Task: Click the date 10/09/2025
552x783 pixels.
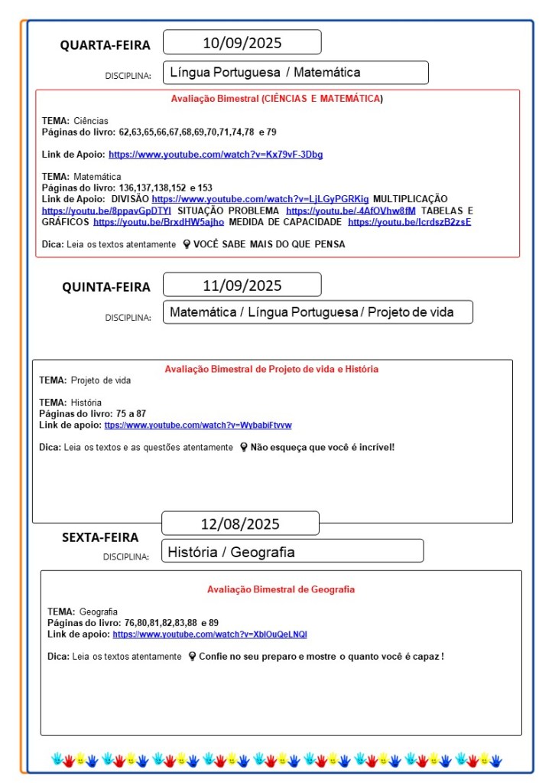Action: click(242, 42)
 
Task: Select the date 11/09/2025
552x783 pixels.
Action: click(242, 285)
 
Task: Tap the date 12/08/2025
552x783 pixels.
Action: click(240, 524)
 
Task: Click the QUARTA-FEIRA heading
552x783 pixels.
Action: click(106, 45)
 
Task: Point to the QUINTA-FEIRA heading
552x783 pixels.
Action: click(106, 287)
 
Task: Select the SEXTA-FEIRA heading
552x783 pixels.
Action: click(100, 537)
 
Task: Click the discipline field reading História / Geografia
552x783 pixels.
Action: click(293, 552)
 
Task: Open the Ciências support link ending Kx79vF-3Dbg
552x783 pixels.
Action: click(216, 155)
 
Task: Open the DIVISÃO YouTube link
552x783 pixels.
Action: click(260, 199)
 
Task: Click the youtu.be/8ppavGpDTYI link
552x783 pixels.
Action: click(106, 210)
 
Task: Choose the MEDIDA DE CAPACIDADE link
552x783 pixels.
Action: click(409, 222)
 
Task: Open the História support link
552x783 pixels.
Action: click(198, 425)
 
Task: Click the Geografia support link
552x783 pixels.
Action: click(209, 635)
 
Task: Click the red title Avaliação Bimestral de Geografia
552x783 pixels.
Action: click(281, 589)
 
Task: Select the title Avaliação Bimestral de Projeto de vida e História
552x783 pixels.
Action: click(271, 369)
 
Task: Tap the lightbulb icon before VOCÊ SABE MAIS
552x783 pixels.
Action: click(186, 244)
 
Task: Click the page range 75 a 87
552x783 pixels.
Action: click(131, 413)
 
